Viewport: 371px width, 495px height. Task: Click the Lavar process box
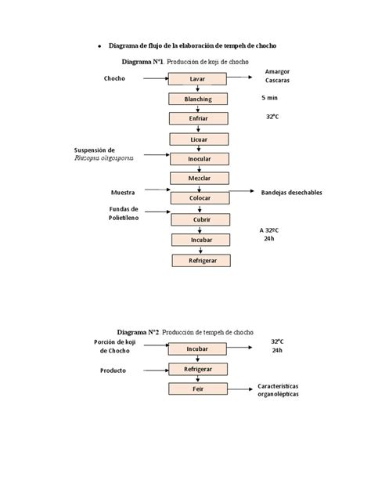[197, 79]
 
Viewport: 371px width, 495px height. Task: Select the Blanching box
[197, 99]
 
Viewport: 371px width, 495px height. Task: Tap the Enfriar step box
[198, 119]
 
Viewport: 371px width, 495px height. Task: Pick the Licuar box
[198, 139]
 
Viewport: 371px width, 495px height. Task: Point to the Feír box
[197, 388]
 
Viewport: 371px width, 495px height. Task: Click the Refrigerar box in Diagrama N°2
[197, 368]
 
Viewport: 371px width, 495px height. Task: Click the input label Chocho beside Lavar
[114, 79]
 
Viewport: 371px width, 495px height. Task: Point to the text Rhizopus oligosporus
[104, 157]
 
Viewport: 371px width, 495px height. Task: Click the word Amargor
[277, 71]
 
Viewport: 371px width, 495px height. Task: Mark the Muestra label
[124, 192]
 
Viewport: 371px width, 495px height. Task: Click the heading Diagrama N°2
[139, 331]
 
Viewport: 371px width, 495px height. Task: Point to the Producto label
[113, 370]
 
